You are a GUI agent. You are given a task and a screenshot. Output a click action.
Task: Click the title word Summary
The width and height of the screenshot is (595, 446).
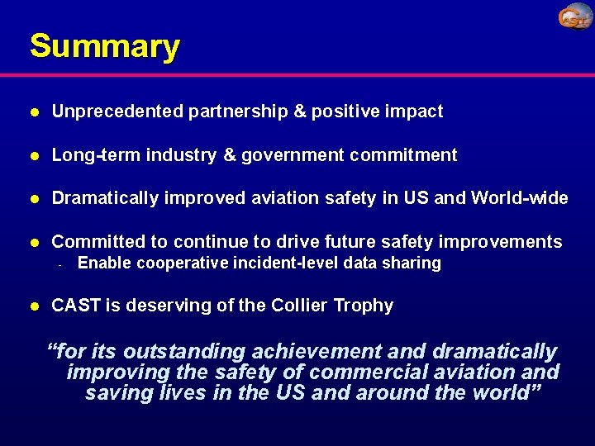tap(104, 46)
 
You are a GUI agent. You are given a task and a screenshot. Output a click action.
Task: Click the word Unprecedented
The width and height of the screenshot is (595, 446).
tap(117, 111)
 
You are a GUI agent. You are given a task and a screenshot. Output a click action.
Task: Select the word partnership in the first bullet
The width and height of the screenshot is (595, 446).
tap(238, 111)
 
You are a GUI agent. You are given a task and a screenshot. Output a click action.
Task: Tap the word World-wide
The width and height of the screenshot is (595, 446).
tap(520, 198)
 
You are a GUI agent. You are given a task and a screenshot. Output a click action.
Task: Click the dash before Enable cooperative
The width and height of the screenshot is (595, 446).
tap(60, 265)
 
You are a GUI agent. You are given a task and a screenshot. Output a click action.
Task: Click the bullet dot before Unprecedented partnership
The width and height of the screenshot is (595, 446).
tap(33, 112)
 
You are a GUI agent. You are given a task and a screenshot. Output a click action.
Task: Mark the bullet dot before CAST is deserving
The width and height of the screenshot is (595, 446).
tap(33, 306)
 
